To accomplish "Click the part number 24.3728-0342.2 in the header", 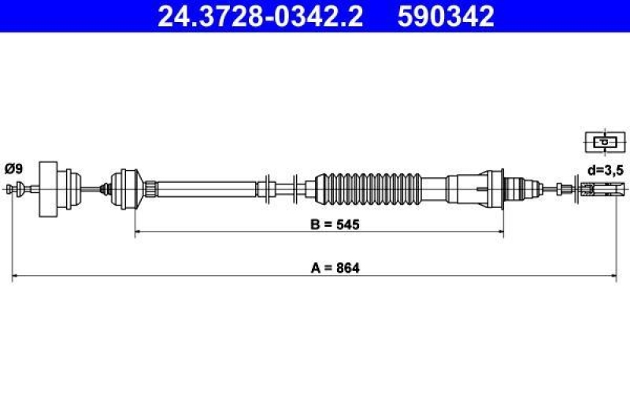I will point(261,16).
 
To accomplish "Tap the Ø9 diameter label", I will point(13,168).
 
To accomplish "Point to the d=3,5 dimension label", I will point(605,168).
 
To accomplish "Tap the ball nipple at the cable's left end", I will point(13,188).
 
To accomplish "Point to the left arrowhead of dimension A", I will point(16,277).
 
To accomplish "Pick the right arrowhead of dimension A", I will point(613,277).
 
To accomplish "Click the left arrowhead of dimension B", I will point(139,233).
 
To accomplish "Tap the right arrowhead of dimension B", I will point(500,233).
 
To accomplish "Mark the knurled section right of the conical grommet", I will point(150,188).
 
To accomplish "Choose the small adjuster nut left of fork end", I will point(561,188).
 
